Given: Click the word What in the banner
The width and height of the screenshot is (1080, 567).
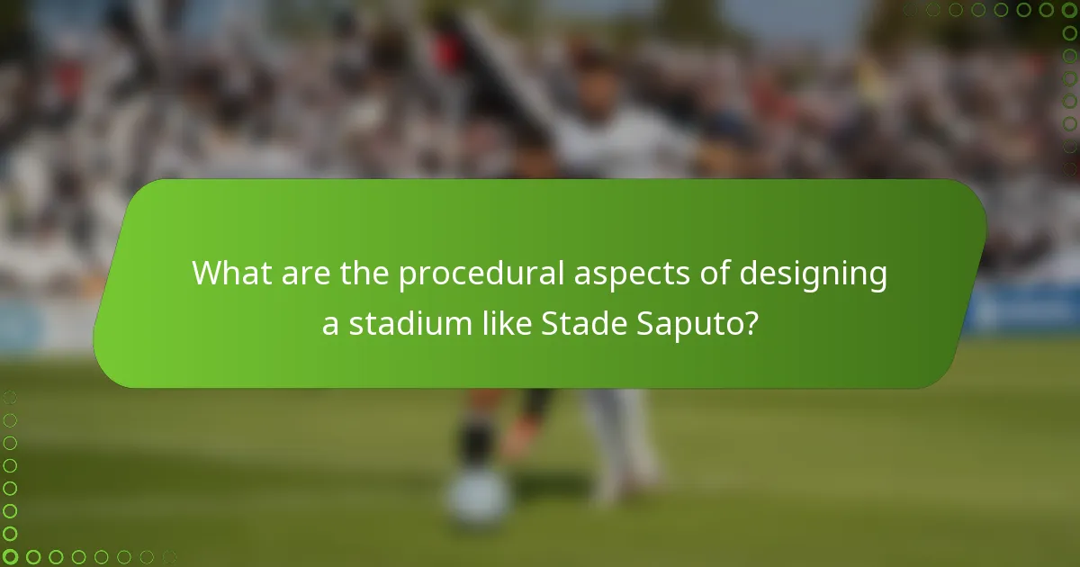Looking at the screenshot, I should coord(232,274).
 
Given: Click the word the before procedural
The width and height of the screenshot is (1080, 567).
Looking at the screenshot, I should coord(366,274).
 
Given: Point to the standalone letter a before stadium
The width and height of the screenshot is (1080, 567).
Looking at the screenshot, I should coord(330,326).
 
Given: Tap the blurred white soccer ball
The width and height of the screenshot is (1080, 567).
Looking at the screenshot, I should coord(476,500).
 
